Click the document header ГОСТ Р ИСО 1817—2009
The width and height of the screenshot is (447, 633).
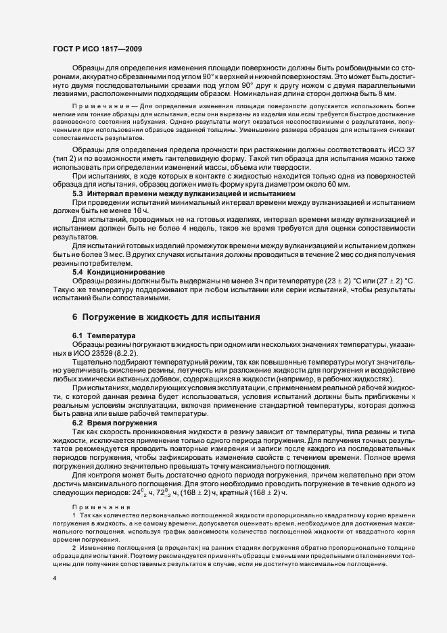(97, 49)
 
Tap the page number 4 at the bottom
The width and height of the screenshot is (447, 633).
(53, 580)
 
